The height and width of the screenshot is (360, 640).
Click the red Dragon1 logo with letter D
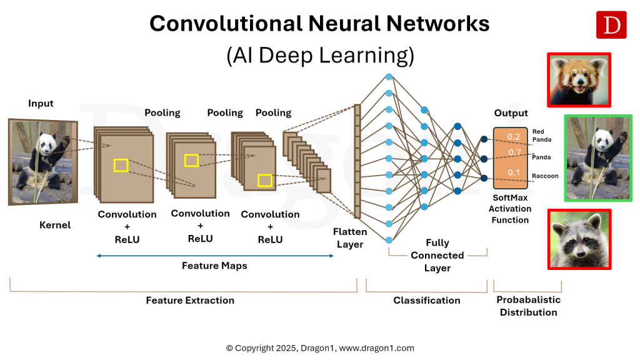611,25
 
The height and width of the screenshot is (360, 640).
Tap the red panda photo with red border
579,80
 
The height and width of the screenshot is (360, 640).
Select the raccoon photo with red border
579,239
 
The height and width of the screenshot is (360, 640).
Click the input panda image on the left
42,161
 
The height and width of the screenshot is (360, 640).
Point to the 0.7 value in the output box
514,152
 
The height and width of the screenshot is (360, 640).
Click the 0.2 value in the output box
514,136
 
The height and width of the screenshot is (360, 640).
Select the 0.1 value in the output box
514,172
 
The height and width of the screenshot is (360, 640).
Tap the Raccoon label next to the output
545,176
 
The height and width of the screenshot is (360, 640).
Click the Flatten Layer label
350,238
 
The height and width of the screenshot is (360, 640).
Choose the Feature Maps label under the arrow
214,266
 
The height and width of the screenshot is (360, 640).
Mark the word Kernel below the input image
55,225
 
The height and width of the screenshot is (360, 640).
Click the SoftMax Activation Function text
510,209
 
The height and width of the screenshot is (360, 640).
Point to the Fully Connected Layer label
437,255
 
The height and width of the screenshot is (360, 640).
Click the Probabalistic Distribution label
528,306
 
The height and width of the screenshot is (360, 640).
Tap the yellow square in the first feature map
121,165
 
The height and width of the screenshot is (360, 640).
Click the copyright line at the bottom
320,348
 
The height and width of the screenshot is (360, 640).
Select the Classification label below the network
426,300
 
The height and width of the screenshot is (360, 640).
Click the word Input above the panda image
41,104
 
